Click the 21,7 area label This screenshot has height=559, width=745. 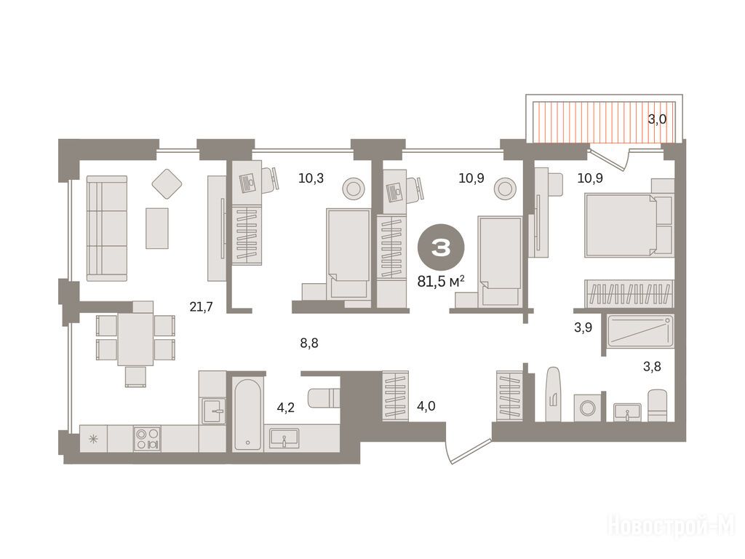[x=201, y=307]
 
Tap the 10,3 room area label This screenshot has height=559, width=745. [x=311, y=178]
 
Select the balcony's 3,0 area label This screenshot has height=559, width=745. [x=657, y=119]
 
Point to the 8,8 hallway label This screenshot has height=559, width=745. [x=309, y=343]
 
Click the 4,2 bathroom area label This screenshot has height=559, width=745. [x=286, y=408]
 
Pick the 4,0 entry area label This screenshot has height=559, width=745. [x=426, y=406]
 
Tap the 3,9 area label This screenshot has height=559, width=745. [x=583, y=327]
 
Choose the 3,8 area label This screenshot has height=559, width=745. [x=652, y=367]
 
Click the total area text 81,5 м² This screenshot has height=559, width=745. [x=441, y=282]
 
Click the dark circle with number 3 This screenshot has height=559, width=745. [x=441, y=247]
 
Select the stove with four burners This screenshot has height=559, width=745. [x=147, y=439]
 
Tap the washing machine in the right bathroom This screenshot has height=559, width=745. [x=588, y=408]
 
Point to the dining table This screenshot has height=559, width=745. [x=136, y=338]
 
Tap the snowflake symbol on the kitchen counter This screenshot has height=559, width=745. [x=94, y=439]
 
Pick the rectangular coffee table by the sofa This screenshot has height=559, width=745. [x=157, y=228]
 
